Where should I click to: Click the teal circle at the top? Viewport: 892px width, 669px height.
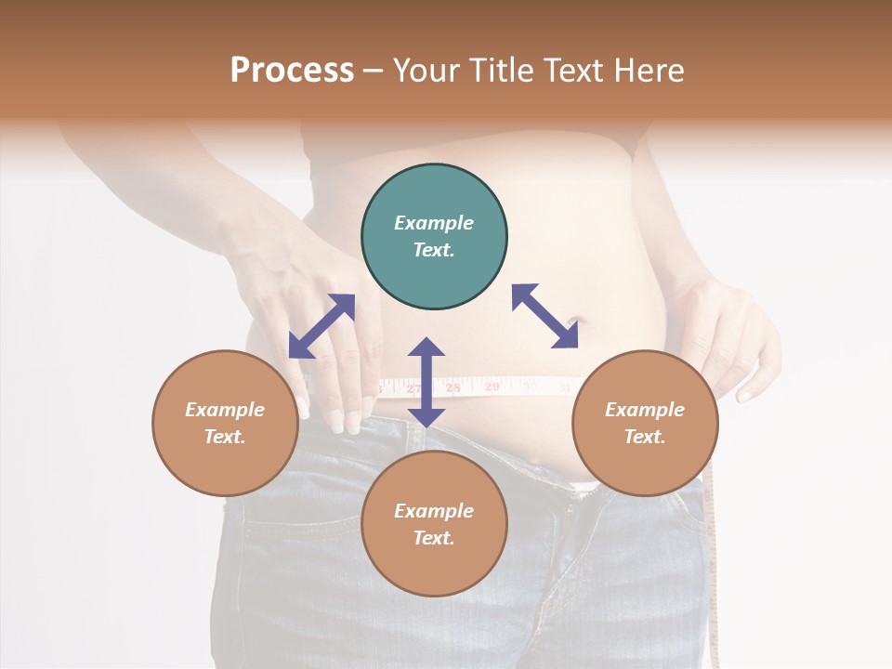(434, 237)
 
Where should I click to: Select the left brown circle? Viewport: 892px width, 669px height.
(225, 423)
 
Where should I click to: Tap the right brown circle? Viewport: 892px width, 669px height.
(644, 423)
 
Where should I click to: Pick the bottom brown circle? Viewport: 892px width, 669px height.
(434, 524)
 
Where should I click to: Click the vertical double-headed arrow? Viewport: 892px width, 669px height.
(426, 382)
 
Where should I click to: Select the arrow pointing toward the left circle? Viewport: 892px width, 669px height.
(321, 326)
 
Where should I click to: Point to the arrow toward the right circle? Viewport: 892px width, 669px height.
(545, 316)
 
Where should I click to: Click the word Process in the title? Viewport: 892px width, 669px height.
(292, 70)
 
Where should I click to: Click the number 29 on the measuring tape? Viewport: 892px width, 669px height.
(492, 386)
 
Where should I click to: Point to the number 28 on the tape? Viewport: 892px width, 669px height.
(453, 387)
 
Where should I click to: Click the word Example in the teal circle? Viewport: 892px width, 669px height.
(434, 223)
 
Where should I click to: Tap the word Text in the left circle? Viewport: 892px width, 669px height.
(225, 437)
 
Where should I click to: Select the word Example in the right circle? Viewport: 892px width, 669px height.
(644, 410)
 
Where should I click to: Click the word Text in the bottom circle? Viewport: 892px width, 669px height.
(434, 538)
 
